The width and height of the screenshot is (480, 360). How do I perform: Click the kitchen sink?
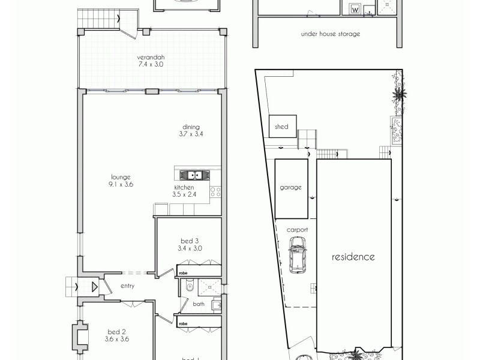(x=193, y=175)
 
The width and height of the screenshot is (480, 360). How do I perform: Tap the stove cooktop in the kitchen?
(x=215, y=192)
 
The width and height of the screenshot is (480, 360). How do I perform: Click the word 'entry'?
(x=127, y=286)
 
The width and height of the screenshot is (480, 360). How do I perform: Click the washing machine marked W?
(x=354, y=10)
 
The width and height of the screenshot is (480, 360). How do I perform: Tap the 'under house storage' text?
(x=331, y=34)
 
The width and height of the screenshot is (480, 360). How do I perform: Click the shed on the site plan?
(x=282, y=127)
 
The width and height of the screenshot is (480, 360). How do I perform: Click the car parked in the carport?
(x=297, y=254)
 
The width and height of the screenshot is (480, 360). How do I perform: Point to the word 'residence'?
(x=353, y=257)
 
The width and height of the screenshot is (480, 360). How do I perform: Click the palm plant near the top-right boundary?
(x=399, y=93)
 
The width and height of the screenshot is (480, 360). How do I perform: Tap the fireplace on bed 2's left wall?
(x=79, y=337)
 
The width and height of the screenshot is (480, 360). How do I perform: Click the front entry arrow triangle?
(x=94, y=287)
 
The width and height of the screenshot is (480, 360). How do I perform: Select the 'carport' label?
(x=297, y=230)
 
